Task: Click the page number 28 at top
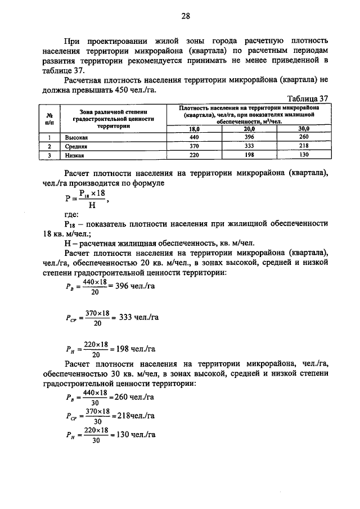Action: (186, 16)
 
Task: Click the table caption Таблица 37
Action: (307, 98)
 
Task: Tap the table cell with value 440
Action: (195, 137)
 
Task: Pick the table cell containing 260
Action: (304, 137)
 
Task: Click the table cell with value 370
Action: (195, 146)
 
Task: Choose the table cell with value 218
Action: (304, 146)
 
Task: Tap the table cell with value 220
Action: (195, 154)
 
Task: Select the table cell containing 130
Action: (304, 154)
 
